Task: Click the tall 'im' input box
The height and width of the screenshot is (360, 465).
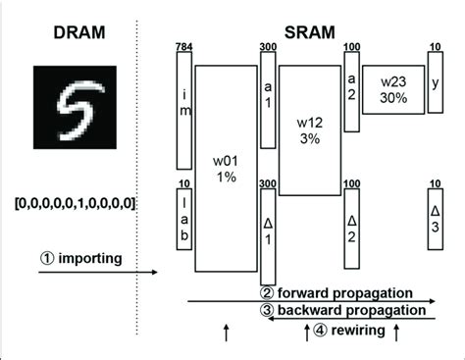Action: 183,110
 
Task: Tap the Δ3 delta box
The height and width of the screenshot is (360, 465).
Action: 435,211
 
